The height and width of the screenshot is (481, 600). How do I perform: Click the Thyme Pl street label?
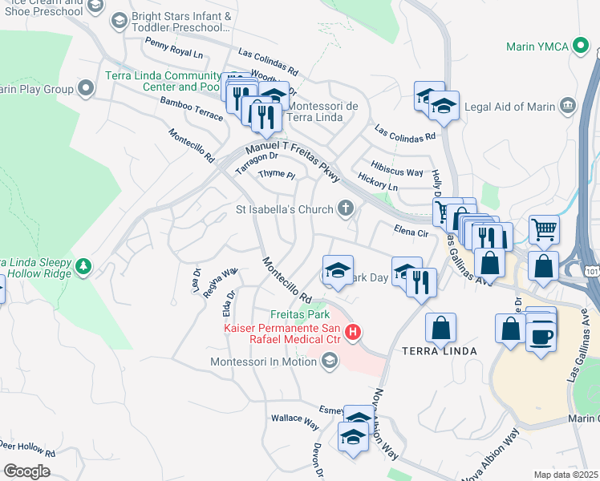277,174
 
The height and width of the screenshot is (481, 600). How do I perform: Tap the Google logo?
26,471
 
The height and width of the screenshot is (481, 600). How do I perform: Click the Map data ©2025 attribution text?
566,475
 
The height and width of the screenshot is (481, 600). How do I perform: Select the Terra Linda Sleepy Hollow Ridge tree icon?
83,265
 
